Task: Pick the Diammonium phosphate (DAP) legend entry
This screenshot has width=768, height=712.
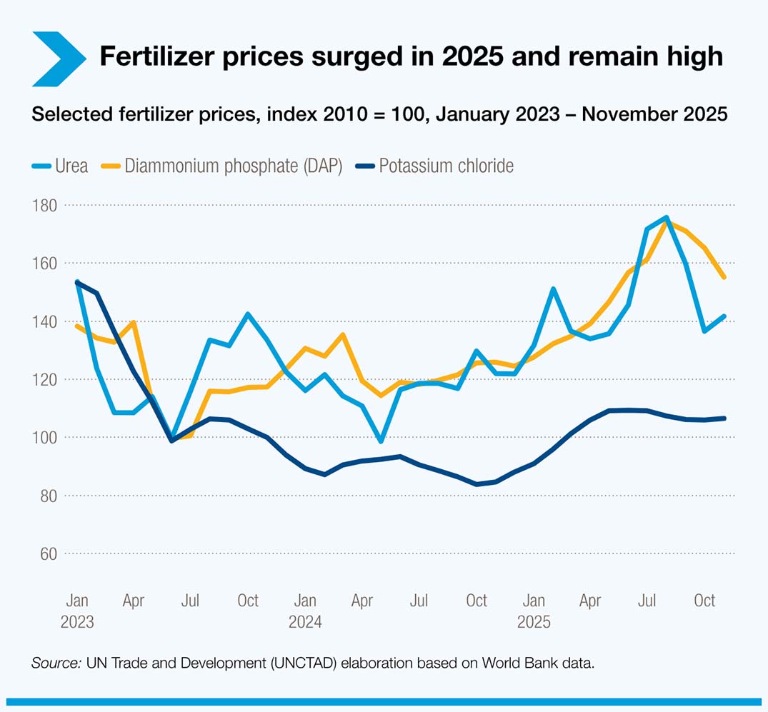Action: click(x=231, y=166)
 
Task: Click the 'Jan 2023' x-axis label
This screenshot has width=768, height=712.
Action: click(x=76, y=611)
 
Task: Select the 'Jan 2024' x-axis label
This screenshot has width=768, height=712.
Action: click(x=305, y=611)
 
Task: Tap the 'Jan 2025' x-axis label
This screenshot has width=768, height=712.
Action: click(x=534, y=611)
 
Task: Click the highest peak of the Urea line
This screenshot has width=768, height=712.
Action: click(x=666, y=217)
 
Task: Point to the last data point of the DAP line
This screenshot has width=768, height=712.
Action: click(x=724, y=277)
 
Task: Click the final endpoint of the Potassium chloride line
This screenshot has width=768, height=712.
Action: click(x=724, y=418)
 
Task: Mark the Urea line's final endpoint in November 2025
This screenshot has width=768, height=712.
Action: click(x=724, y=316)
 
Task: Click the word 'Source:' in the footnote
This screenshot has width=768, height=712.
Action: click(x=56, y=663)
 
